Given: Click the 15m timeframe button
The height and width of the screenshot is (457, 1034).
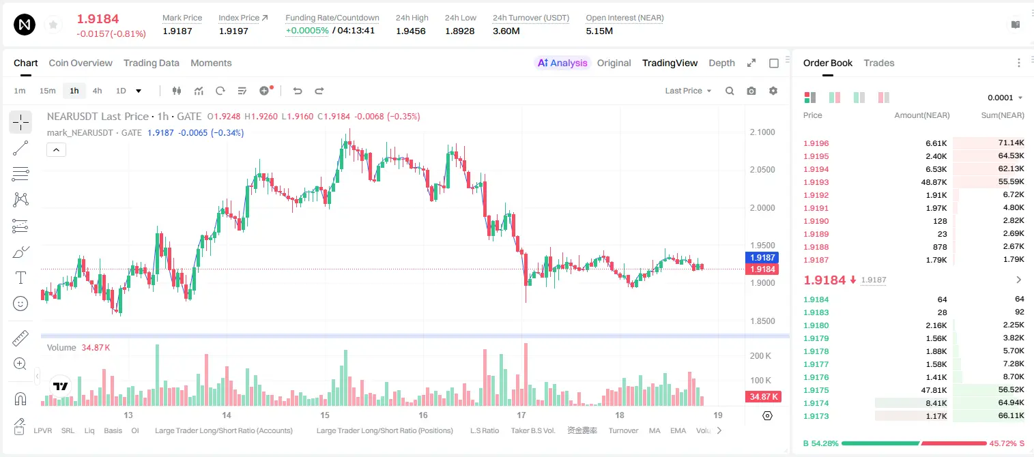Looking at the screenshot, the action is [48, 91].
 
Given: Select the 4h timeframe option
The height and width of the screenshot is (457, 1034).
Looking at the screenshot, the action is [97, 91].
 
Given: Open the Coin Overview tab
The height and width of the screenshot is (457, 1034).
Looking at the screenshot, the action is [81, 63].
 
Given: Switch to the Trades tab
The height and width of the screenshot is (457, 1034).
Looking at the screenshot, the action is [879, 63].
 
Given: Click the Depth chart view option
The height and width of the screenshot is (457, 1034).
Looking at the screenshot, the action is [721, 63].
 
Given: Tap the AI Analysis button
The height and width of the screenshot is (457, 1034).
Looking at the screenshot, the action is [562, 63].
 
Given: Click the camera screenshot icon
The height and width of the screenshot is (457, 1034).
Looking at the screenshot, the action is [751, 91].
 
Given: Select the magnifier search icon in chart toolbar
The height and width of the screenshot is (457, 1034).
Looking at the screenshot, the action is [730, 91].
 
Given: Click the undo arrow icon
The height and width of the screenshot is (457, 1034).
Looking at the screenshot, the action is [298, 91].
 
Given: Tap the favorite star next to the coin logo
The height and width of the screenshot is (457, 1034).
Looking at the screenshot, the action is [53, 25].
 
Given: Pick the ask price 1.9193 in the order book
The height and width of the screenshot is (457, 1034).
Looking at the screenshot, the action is [816, 182].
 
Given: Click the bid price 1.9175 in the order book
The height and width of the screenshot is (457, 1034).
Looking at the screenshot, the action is [816, 390].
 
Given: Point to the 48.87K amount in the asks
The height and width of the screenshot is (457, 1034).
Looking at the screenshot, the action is [934, 182].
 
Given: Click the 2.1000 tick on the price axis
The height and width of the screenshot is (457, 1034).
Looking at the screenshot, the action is [762, 132].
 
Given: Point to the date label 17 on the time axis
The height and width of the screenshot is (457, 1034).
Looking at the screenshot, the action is [521, 415].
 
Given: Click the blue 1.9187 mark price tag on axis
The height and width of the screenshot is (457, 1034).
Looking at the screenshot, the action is [762, 257].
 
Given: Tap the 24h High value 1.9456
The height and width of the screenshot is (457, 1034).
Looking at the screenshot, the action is [410, 31].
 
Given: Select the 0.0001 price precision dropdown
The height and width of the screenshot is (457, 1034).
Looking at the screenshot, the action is [1005, 98].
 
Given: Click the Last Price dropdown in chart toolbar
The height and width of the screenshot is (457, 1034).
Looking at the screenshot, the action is [688, 91].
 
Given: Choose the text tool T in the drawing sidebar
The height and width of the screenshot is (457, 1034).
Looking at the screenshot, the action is [20, 278].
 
